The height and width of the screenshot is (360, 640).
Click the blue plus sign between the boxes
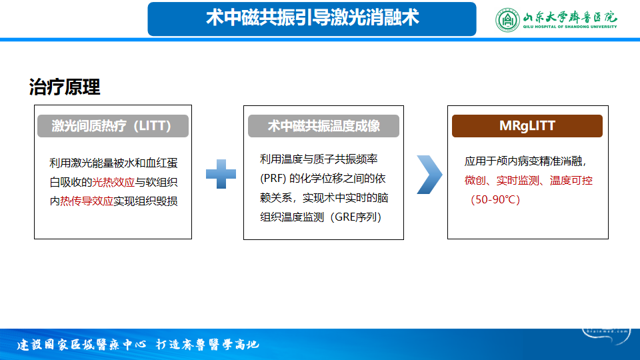pos(221,174)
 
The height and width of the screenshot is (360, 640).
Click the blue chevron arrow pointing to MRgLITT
pos(429,175)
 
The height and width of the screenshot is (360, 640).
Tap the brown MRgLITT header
pos(527,126)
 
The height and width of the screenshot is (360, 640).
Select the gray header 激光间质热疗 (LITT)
pos(113,126)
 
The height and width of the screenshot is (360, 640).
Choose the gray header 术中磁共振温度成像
pos(323,126)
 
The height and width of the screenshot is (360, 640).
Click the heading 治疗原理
pos(65,87)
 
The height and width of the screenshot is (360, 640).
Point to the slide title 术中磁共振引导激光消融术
pos(312,18)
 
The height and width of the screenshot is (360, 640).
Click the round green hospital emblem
pos(507,19)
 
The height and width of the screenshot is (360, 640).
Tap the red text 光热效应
pos(113,182)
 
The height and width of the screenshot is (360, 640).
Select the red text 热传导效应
pos(87,201)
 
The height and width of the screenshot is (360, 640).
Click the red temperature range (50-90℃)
pos(495,199)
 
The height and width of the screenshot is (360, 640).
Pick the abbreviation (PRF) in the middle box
pos(273,179)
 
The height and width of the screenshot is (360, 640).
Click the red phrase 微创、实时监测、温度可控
pos(528,181)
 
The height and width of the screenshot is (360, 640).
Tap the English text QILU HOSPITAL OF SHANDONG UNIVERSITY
pos(570,27)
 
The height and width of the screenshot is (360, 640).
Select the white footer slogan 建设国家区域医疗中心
pos(81,345)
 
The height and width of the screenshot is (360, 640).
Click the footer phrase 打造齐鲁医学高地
pos(207,345)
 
